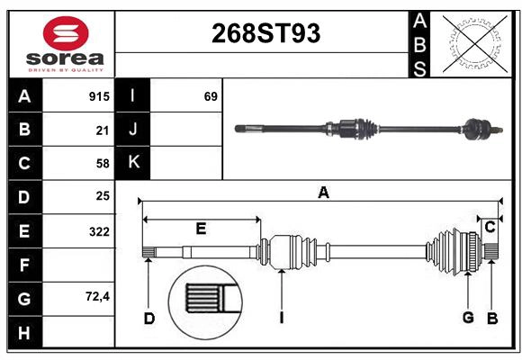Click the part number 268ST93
pos(266,33)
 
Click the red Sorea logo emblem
pos(66,33)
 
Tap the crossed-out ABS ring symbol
pos(475,44)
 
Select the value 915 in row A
pos(99,96)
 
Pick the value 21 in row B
pos(103,130)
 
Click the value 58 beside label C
pos(103,164)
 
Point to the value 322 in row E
pos(99,231)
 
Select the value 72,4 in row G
pos(97,296)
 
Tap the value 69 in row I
pos(211,96)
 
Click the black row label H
pos(25,333)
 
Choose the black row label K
pos(133,163)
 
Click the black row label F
pos(25,265)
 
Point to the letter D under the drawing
pos(149,319)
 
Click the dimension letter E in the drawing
pos(201,229)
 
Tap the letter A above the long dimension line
pos(324,193)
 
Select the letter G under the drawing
pos(468,318)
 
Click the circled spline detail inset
pos(205,302)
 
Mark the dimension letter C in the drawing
pos(490,228)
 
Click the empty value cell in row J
pos(186,130)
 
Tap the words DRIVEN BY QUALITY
pos(66,70)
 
